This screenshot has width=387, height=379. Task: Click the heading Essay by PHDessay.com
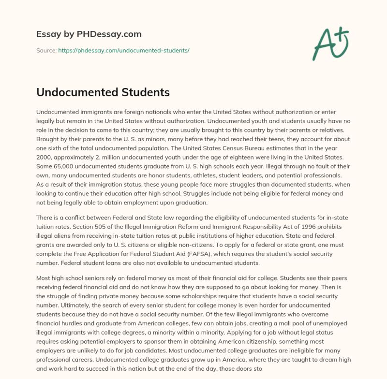click(89, 34)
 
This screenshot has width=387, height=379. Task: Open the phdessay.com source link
click(123, 50)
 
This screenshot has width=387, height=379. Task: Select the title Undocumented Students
click(103, 92)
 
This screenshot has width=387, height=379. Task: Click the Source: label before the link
click(46, 50)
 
